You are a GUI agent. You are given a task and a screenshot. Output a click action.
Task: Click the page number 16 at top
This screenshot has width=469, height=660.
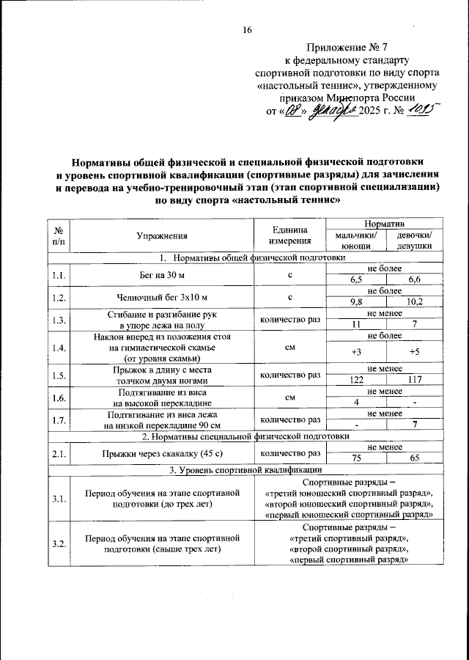[247, 29]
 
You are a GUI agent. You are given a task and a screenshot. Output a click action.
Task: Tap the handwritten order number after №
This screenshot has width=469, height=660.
[421, 110]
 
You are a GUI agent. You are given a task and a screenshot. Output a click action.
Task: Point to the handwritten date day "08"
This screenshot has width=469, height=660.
[293, 111]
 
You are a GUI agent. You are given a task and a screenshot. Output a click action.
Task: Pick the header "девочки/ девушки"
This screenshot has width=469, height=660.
[414, 241]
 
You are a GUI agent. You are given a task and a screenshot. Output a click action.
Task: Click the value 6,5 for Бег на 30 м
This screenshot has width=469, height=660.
[356, 280]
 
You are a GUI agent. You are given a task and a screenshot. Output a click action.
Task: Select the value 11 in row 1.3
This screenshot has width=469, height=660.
[356, 324]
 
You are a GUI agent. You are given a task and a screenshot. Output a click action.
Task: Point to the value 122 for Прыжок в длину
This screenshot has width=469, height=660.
[356, 381]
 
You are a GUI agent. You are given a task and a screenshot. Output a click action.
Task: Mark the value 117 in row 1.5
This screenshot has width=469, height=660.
[414, 381]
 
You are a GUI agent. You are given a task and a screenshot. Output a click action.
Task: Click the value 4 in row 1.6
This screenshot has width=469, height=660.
[356, 402]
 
